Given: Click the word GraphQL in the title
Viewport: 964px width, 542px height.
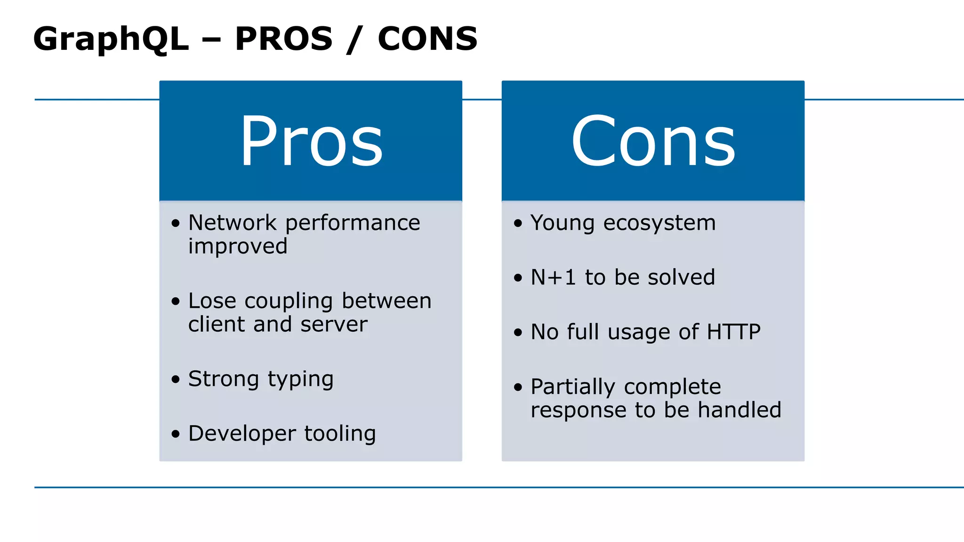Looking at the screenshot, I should click(111, 40).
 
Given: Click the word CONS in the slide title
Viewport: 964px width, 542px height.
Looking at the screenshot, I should click(427, 39).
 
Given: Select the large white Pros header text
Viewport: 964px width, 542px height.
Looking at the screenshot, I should click(311, 141).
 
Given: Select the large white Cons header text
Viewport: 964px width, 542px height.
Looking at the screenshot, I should click(653, 141).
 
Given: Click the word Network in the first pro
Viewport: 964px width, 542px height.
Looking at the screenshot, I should click(233, 223).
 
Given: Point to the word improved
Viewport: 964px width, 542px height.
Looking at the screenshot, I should click(238, 246).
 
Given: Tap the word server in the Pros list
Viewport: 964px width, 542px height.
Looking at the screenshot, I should click(334, 324).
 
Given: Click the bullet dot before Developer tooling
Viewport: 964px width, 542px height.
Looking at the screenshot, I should click(176, 434).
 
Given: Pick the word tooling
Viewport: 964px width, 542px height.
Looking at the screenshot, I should click(340, 434).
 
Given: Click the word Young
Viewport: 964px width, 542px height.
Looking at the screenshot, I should click(562, 223).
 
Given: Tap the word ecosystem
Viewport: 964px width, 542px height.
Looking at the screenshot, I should click(659, 223).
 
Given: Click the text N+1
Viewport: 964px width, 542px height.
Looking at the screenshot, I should click(553, 277).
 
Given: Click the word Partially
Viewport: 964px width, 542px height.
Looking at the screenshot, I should click(572, 387).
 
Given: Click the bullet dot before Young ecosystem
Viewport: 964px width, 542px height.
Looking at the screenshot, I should click(518, 223).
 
